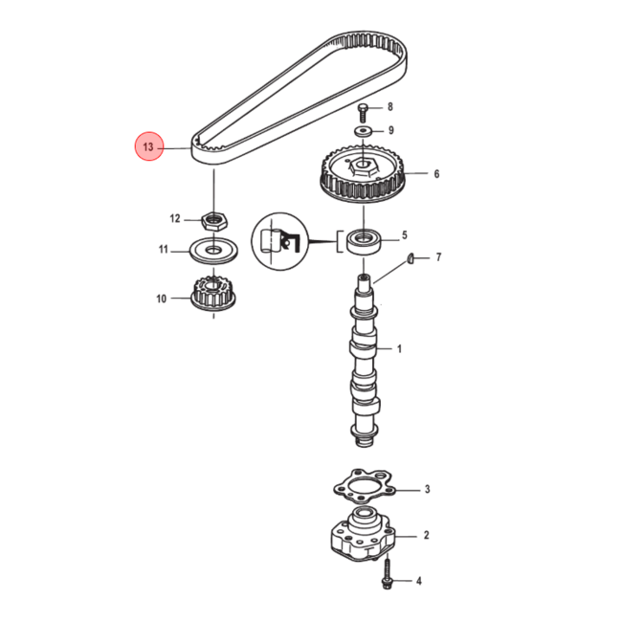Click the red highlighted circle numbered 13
(148, 146)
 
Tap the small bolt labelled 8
(363, 113)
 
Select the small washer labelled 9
(363, 130)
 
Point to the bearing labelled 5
(365, 241)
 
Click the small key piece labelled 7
(411, 258)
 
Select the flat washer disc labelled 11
(213, 251)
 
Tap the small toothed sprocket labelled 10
(213, 294)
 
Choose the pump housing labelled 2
(363, 534)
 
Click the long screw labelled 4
(387, 573)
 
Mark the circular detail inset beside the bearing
(280, 241)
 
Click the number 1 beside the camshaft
(399, 349)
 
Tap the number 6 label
(436, 174)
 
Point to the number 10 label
(162, 299)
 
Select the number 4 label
(419, 581)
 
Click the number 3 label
(427, 489)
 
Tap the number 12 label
(175, 218)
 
